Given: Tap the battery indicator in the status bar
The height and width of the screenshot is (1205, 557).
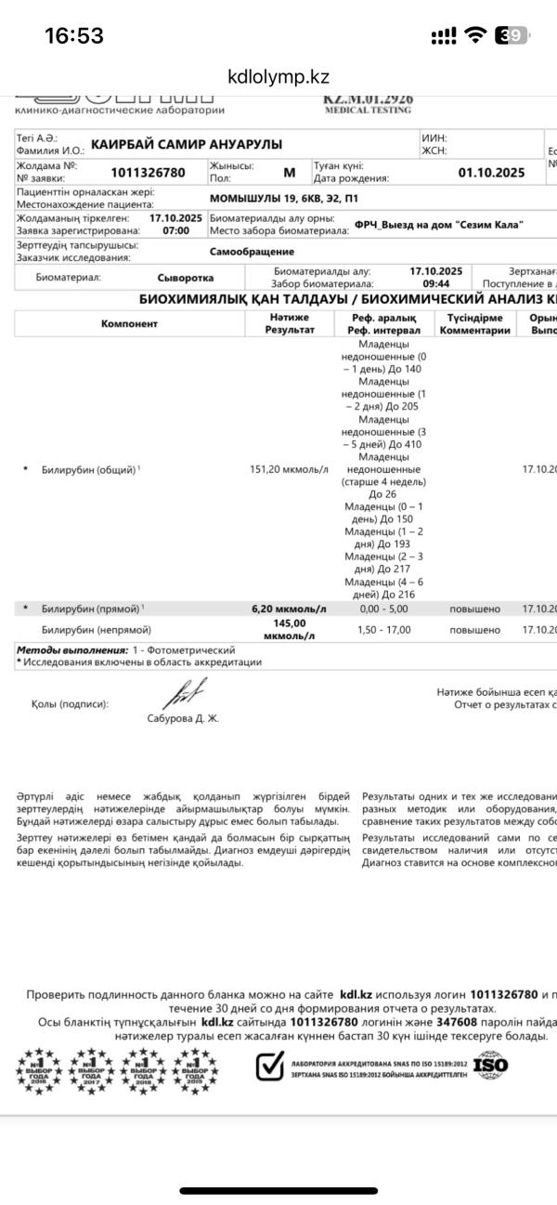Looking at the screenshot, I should point(512,35).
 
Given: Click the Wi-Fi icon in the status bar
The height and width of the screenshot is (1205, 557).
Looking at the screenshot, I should point(476,35).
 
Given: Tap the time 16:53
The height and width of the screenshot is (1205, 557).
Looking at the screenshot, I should point(74,35).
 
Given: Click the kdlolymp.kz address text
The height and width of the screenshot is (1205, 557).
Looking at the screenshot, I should point(278,77).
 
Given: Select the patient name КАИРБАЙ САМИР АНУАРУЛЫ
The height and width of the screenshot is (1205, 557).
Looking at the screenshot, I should point(187,144).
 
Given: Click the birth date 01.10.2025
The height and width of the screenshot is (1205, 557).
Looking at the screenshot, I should point(491,172).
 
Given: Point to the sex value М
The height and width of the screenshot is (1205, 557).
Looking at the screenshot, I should point(289,172).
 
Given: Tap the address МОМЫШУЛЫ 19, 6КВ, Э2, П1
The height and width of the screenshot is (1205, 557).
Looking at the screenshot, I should point(284,199).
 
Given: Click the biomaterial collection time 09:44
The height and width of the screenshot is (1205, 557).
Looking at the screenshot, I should point(435,283).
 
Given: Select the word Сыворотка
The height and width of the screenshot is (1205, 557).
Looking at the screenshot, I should point(186,277).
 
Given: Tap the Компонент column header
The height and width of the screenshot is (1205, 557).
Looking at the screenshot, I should point(129,323).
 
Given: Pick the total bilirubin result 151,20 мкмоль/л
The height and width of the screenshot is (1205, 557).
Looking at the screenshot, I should point(290,469).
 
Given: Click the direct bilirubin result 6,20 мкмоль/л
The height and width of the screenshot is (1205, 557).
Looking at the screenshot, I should point(290,609).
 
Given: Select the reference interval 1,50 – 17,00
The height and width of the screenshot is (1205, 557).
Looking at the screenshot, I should point(383,630).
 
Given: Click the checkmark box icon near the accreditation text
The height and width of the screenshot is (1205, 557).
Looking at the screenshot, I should point(269,1066).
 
